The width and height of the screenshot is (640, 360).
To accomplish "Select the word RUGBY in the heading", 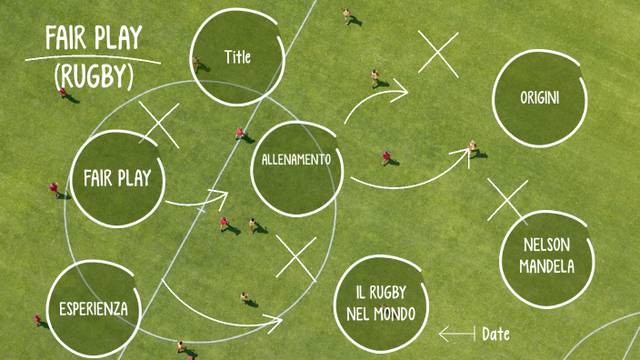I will pos(94,77).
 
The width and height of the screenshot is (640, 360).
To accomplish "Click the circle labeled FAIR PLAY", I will pos(116,178).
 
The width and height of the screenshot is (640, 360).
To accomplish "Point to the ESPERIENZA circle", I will pos(93,308).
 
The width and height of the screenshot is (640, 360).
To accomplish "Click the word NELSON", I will pos(547,245).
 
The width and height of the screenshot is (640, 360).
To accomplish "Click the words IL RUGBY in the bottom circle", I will pos(382,293).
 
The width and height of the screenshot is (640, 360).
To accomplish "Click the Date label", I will pos(495,335).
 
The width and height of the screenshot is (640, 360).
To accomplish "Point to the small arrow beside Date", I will pos(456,335).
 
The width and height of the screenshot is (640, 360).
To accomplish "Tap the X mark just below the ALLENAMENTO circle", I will pos(295,258).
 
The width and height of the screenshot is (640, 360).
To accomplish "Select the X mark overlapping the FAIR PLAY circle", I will pos(159,125).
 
